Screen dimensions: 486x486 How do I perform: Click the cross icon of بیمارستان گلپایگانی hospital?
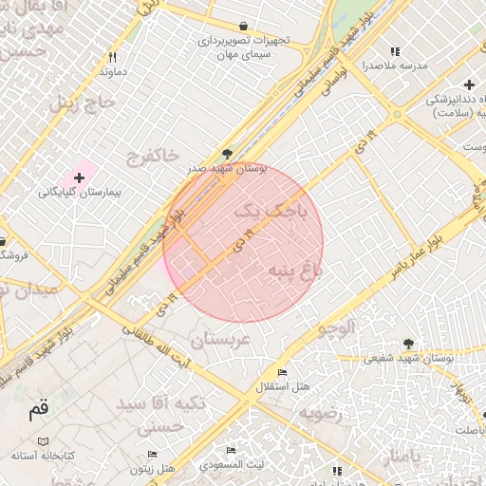pos(79,178)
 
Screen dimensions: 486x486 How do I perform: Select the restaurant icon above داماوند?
pos(113,57)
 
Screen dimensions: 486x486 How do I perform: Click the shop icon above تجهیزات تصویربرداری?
pos(245,27)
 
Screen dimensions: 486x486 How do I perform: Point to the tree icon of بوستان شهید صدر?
pos(226,153)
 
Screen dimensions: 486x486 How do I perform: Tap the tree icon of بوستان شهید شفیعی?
pos(408,343)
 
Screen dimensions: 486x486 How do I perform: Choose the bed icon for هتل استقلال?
pos(281,372)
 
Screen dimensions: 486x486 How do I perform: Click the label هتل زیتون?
pos(154,469)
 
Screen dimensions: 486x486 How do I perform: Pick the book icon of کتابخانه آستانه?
pos(43,441)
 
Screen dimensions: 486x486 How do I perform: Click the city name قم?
pos(38,410)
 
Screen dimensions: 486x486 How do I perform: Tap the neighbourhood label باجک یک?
pos(271,211)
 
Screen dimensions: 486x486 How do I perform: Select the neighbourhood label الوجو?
pos(335,328)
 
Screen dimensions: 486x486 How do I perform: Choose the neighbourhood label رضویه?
pos(320,414)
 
